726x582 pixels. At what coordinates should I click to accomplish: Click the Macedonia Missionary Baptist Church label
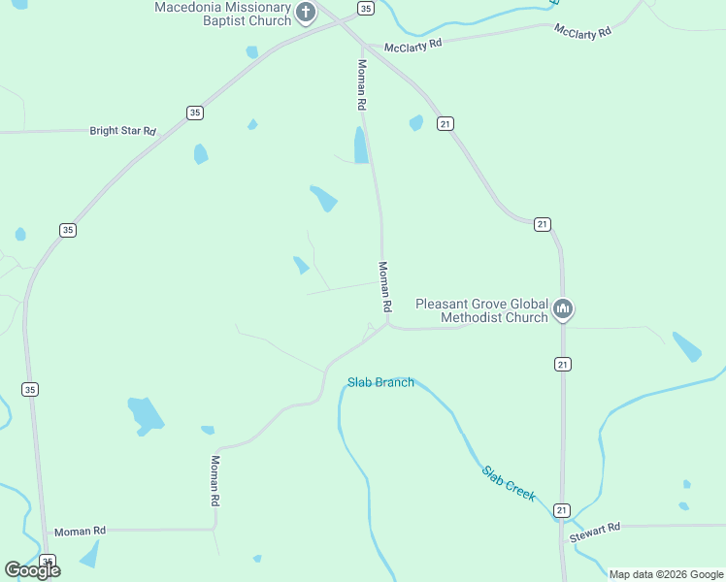tap(223, 14)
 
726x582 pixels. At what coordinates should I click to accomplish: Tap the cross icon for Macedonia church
tap(306, 13)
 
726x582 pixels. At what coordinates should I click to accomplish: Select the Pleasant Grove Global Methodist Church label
tap(481, 310)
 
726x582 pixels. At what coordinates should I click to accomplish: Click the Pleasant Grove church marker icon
tap(563, 310)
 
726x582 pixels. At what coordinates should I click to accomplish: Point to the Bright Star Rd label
tap(122, 130)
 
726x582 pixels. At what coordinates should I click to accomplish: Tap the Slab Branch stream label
tap(381, 382)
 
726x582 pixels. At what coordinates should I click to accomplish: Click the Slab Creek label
tap(509, 483)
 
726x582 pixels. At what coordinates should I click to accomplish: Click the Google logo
tap(32, 570)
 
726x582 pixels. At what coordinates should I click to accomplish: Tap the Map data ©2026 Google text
tap(667, 574)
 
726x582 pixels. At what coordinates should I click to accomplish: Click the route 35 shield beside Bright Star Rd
tap(195, 113)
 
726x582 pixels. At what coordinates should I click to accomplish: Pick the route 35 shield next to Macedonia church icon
tap(364, 8)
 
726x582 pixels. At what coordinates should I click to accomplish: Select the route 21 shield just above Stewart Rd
tap(562, 509)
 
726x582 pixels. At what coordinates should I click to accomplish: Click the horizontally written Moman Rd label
tap(80, 532)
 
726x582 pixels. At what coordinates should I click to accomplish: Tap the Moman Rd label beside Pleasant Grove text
tap(384, 286)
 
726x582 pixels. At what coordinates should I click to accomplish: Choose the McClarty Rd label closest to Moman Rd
tap(412, 45)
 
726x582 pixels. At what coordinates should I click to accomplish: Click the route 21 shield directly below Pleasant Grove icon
tap(563, 364)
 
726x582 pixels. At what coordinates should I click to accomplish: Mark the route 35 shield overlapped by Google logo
tap(47, 561)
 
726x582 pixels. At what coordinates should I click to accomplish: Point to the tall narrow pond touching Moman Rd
tap(361, 145)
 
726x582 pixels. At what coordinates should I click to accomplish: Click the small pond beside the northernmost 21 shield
tap(416, 122)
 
